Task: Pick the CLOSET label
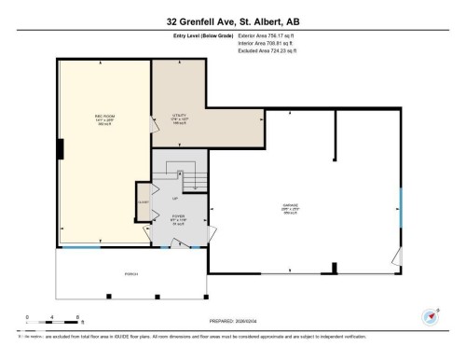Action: (144, 201)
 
